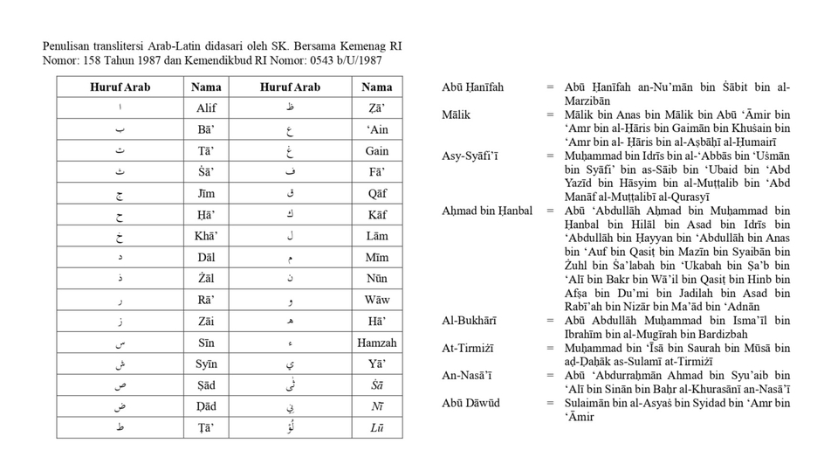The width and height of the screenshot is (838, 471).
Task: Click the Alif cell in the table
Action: tap(206, 108)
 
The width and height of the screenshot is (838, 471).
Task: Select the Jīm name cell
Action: tap(206, 193)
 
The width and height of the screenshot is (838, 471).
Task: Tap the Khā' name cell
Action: tap(206, 236)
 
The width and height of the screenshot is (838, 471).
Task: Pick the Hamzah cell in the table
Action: tap(377, 343)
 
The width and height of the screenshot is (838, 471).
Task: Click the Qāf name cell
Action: tap(377, 193)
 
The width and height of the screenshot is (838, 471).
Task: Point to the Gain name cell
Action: tap(377, 150)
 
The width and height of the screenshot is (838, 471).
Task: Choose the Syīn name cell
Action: tap(206, 364)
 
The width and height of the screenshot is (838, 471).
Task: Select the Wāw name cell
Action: tap(377, 301)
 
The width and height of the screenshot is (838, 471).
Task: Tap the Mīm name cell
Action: tap(377, 258)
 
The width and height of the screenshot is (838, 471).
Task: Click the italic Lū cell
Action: tap(377, 428)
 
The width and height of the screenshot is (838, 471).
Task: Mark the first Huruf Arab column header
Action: tap(120, 87)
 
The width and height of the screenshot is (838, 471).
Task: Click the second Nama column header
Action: tap(377, 87)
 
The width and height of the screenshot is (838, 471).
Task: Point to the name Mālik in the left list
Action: tap(457, 114)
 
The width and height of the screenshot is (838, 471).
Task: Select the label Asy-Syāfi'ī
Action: tap(471, 156)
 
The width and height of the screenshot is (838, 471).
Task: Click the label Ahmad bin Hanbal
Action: tap(487, 211)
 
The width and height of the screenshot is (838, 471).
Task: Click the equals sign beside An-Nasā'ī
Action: tap(551, 376)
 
